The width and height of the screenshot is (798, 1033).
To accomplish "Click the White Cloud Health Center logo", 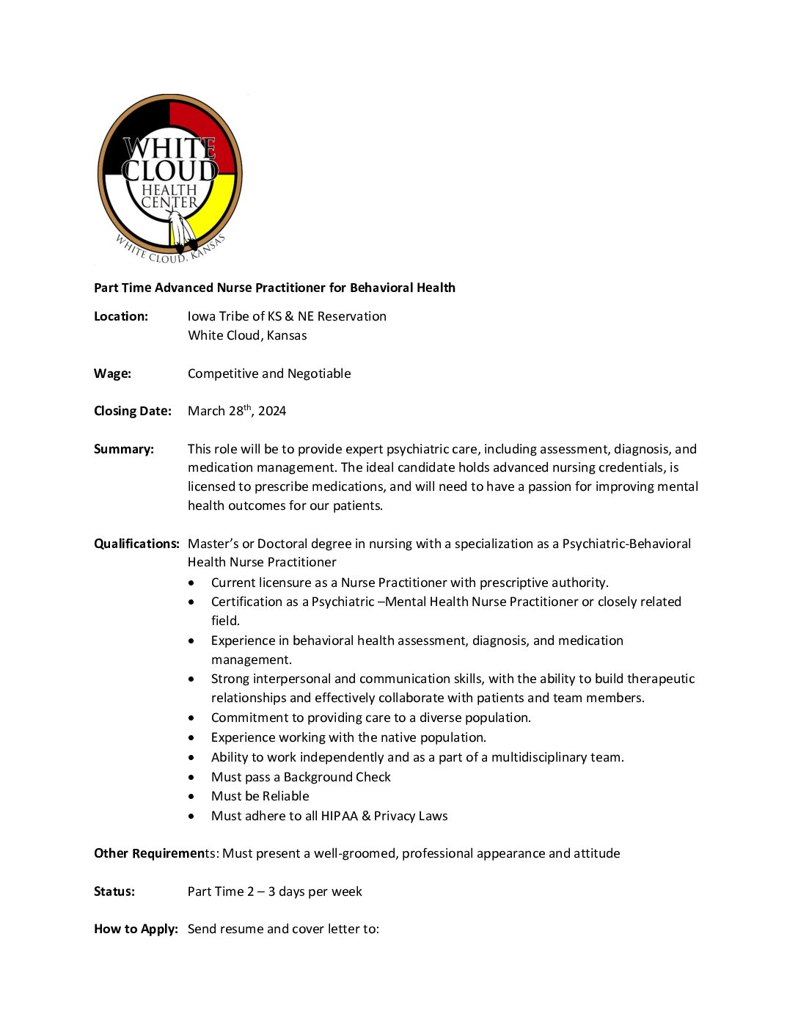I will coord(169,178).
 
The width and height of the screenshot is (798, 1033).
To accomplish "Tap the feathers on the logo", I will coord(181,230).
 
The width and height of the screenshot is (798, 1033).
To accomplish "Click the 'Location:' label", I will coord(121,316).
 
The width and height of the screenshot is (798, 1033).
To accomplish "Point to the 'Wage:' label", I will coord(112,373).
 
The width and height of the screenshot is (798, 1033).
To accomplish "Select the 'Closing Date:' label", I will coord(133,411).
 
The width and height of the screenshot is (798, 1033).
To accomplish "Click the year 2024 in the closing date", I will coord(272,411).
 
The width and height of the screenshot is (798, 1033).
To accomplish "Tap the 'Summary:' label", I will coord(124,449).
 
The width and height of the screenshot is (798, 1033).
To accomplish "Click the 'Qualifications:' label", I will coord(136,544).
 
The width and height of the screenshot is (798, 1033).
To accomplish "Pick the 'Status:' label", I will coord(114,891).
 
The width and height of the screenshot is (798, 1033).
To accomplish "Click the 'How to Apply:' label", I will coord(136,929).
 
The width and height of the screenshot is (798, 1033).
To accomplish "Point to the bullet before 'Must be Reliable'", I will coord(191,797).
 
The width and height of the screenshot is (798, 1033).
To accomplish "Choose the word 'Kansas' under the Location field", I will coord(287,335).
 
